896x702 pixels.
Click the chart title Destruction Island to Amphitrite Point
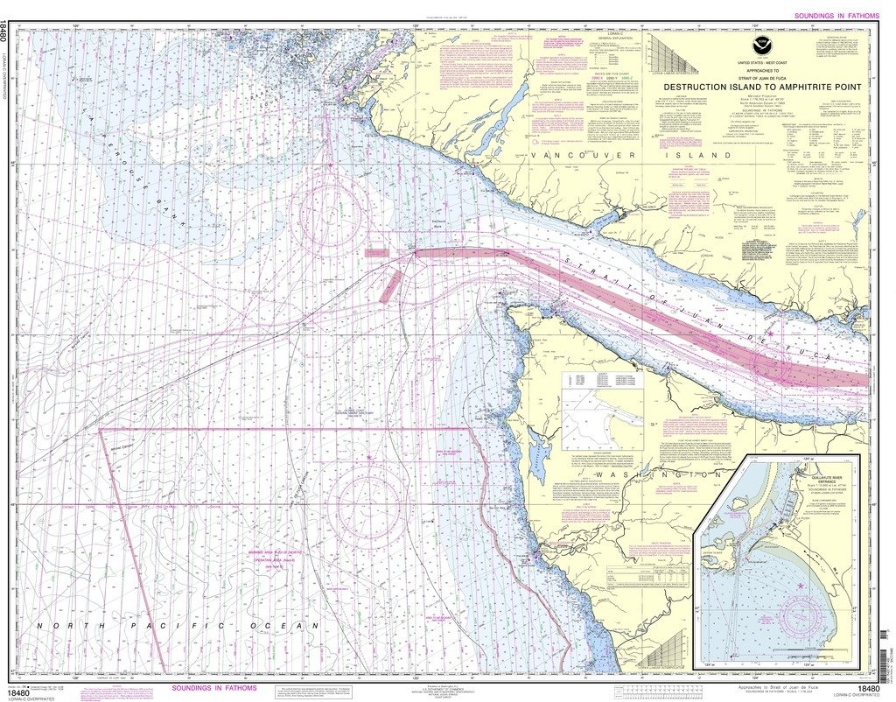pyautogui.click(x=761, y=87)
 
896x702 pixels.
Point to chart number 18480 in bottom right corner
pyautogui.click(x=871, y=689)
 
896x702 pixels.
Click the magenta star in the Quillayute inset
pyautogui.click(x=799, y=585)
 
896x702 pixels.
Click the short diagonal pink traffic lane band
pyautogui.click(x=390, y=286)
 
